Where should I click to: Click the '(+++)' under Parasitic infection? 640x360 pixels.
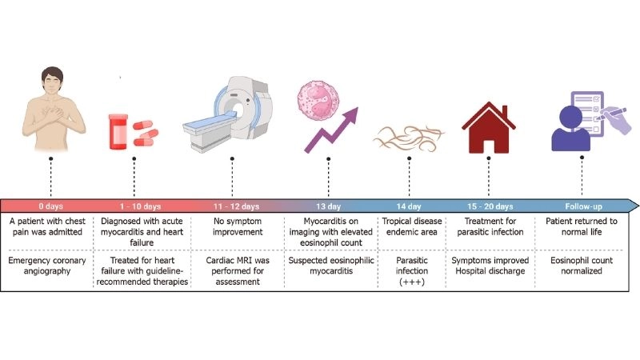tap(409, 281)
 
